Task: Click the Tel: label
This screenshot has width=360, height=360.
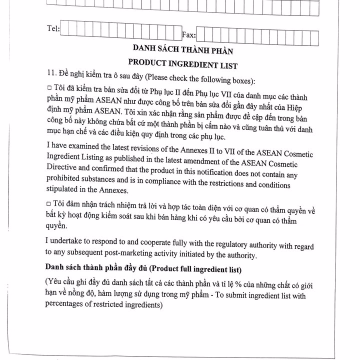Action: click(x=51, y=29)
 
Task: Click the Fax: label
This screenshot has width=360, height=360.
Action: click(x=188, y=35)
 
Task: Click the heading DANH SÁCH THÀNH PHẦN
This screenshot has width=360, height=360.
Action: click(x=182, y=50)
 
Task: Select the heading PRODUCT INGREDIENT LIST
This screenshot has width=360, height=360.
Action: click(x=182, y=65)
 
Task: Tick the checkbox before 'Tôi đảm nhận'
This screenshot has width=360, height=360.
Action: click(x=48, y=204)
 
